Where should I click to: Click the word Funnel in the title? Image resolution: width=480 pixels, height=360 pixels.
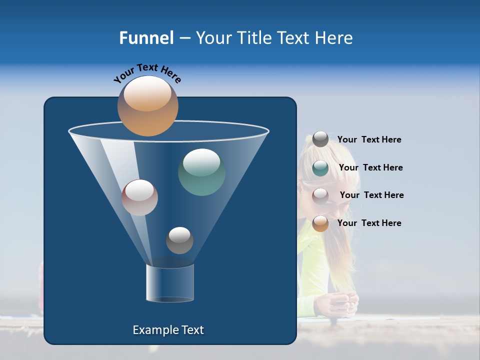146,38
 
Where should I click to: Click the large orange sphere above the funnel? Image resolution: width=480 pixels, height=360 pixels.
147,106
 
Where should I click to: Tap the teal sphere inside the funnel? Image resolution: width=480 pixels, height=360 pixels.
201,172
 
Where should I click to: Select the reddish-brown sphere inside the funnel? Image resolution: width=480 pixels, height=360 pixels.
139,197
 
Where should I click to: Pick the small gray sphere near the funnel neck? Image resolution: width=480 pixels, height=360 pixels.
179,240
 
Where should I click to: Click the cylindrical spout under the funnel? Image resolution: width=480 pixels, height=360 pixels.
170,282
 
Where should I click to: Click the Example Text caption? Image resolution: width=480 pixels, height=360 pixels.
168,330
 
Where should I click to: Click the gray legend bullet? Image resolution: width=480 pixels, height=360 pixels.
320,139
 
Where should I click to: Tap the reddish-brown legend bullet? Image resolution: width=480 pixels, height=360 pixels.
320,195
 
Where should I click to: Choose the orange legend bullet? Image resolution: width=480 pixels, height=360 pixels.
320,223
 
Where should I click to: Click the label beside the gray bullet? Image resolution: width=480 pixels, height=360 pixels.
369,139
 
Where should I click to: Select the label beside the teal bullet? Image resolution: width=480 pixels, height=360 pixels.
370,167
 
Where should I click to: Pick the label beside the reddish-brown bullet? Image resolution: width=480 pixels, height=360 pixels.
371,195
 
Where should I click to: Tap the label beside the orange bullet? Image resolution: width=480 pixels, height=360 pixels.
369,223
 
